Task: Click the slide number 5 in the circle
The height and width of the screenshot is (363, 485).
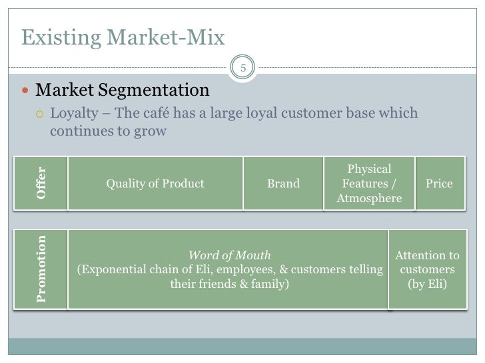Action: point(242,68)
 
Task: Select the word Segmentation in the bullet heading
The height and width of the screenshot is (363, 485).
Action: point(158,89)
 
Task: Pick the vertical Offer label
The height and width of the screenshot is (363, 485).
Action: point(43,183)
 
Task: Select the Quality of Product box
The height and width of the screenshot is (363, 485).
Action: point(155,183)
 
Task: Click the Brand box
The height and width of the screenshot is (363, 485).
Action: point(283,183)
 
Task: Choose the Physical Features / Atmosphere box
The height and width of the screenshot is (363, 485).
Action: point(369,183)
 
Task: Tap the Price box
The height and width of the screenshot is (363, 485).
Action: point(438,183)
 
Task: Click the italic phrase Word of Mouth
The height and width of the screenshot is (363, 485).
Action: point(230,255)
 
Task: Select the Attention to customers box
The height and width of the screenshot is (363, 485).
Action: point(427,269)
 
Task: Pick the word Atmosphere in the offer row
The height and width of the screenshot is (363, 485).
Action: point(369,198)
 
